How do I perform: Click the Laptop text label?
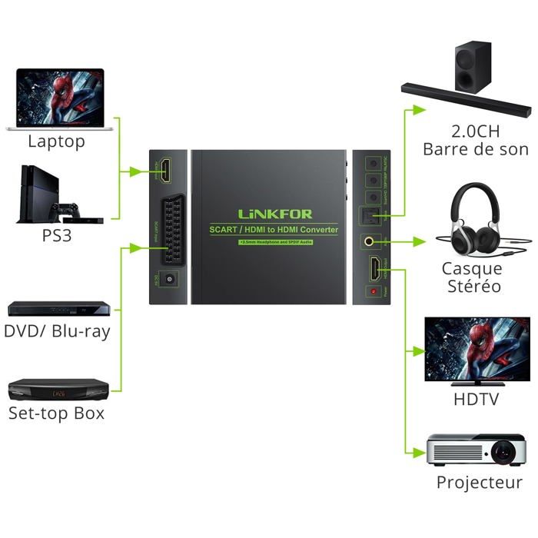pos(56,141)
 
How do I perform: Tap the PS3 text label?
pos(56,235)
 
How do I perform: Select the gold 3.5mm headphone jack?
pos(372,241)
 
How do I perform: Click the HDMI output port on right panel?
pos(373,269)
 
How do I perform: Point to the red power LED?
pos(374,293)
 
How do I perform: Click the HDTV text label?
pos(476,400)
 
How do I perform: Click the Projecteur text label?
pos(479,483)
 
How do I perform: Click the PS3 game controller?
pos(69,210)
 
